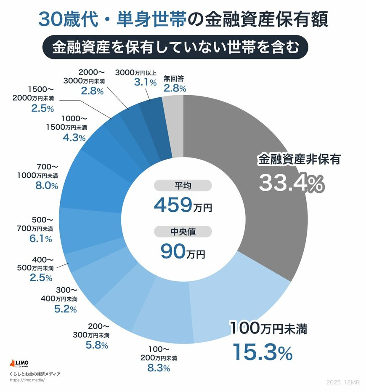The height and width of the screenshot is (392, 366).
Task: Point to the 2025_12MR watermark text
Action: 343,381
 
